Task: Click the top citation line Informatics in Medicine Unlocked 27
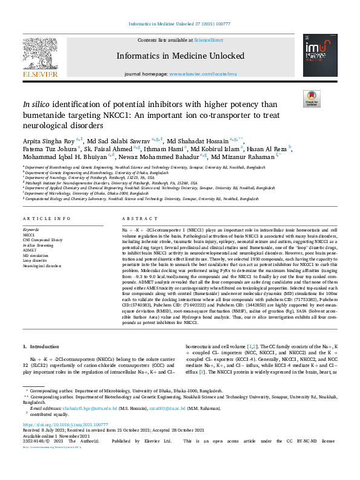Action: (180, 24)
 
